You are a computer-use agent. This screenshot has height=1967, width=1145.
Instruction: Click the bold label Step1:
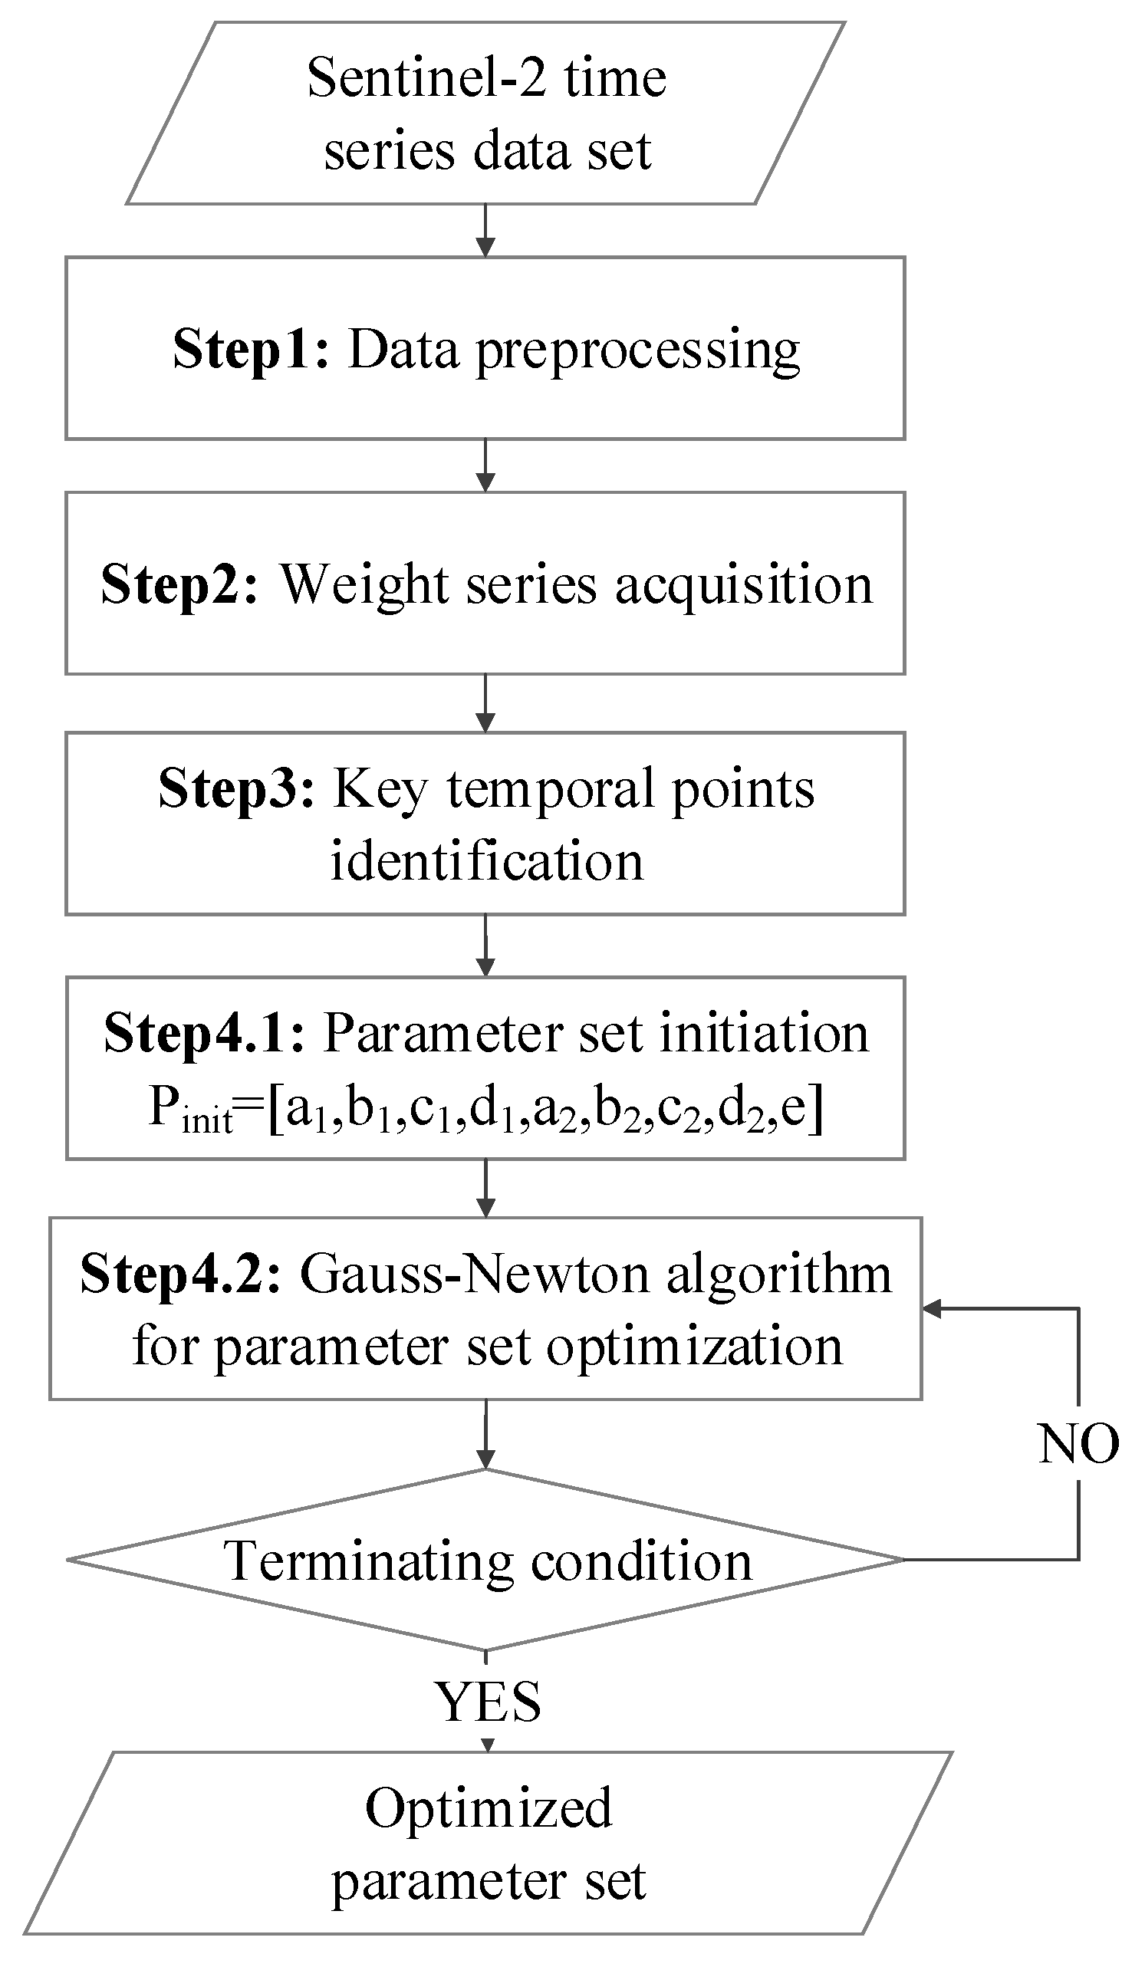click(x=251, y=349)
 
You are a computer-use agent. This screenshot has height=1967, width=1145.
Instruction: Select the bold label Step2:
click(x=179, y=584)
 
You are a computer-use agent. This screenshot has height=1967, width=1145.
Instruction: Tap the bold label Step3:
click(x=235, y=788)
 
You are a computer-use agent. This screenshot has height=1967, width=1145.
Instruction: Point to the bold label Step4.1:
click(x=205, y=1034)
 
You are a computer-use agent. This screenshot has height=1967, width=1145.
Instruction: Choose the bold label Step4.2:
click(x=180, y=1275)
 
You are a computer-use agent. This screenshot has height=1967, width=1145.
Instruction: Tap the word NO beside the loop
click(x=1078, y=1443)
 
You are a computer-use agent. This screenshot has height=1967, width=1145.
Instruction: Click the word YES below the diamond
click(x=487, y=1702)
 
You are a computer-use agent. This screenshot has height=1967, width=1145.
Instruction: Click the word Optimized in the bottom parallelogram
click(x=489, y=1808)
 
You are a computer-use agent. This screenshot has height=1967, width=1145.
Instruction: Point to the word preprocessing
click(x=637, y=351)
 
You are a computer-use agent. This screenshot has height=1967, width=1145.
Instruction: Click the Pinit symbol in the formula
click(x=189, y=1108)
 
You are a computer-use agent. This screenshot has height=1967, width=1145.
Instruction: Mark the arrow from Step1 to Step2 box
click(x=485, y=466)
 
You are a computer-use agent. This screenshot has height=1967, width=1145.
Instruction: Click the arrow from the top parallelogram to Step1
click(x=485, y=230)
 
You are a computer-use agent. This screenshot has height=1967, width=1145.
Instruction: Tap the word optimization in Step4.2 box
click(x=694, y=1347)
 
